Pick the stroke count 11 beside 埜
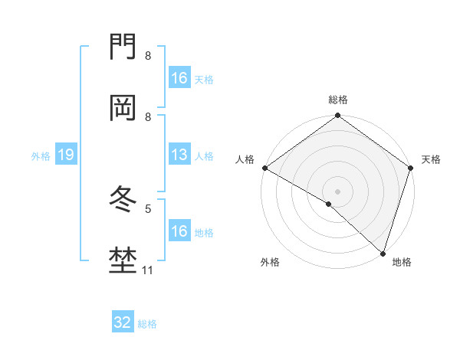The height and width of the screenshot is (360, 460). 148,270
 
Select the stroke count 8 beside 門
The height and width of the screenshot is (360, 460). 148,56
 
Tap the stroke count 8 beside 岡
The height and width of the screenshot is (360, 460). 148,116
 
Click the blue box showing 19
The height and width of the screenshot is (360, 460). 65,155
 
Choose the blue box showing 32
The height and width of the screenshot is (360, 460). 123,322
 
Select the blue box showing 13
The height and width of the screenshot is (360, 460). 179,155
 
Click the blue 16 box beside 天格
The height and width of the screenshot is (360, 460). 179,78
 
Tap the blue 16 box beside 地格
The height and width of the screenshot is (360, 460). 179,231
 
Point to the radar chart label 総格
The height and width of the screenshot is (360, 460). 338,100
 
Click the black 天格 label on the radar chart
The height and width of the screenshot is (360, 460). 431,159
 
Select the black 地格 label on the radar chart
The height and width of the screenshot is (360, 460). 402,262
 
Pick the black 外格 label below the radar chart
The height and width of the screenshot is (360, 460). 270,262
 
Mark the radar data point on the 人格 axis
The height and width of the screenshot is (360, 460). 264,168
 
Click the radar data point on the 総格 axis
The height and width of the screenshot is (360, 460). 338,116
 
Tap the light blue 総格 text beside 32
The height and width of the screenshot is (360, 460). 147,324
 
